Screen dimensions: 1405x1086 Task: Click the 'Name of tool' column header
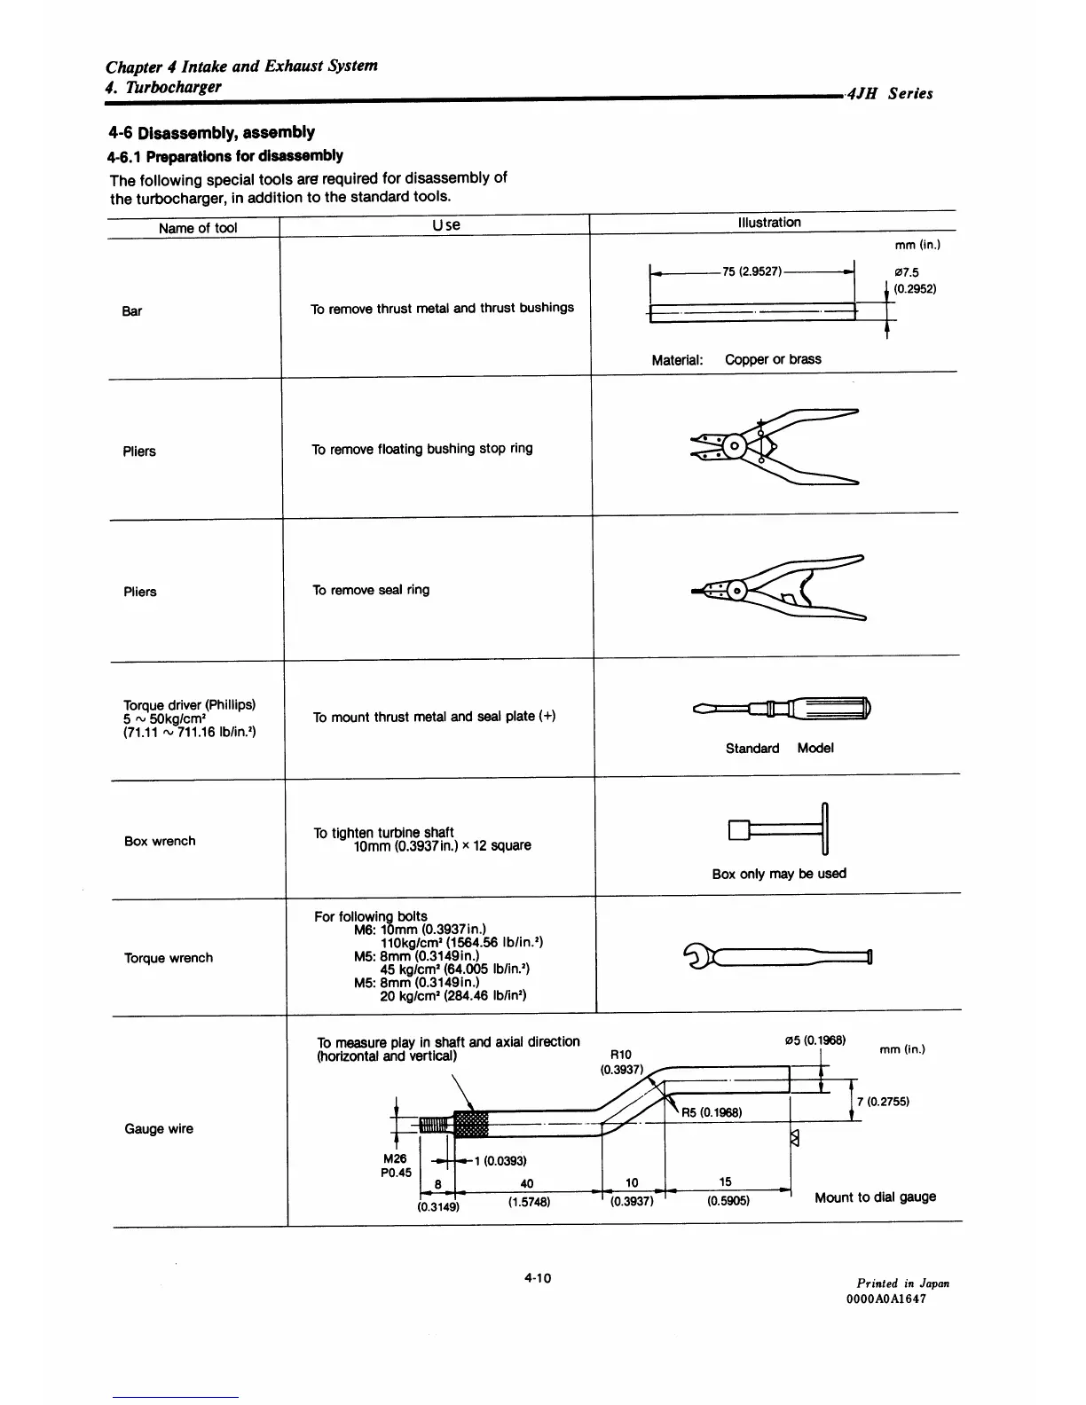pyautogui.click(x=198, y=228)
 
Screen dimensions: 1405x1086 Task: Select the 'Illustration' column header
pyautogui.click(x=769, y=223)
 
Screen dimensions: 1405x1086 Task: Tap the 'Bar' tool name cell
pyautogui.click(x=132, y=311)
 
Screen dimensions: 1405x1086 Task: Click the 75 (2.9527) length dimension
pyautogui.click(x=752, y=271)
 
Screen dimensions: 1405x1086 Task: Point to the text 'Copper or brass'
pyautogui.click(x=773, y=359)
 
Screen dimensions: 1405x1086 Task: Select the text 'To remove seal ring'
pyautogui.click(x=371, y=590)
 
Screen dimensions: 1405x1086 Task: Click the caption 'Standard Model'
pyautogui.click(x=779, y=748)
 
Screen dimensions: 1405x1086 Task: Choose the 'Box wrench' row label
pyautogui.click(x=160, y=841)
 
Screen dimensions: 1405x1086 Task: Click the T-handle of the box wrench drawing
pyautogui.click(x=825, y=827)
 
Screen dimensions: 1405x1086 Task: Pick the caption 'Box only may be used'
pyautogui.click(x=779, y=874)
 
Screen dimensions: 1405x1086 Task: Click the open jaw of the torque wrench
pyautogui.click(x=694, y=956)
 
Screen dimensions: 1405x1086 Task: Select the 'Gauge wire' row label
pyautogui.click(x=159, y=1129)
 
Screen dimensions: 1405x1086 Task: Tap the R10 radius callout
pyautogui.click(x=621, y=1055)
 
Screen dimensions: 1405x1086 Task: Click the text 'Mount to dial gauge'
pyautogui.click(x=875, y=1197)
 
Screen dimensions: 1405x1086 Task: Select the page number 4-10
pyautogui.click(x=538, y=1278)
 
